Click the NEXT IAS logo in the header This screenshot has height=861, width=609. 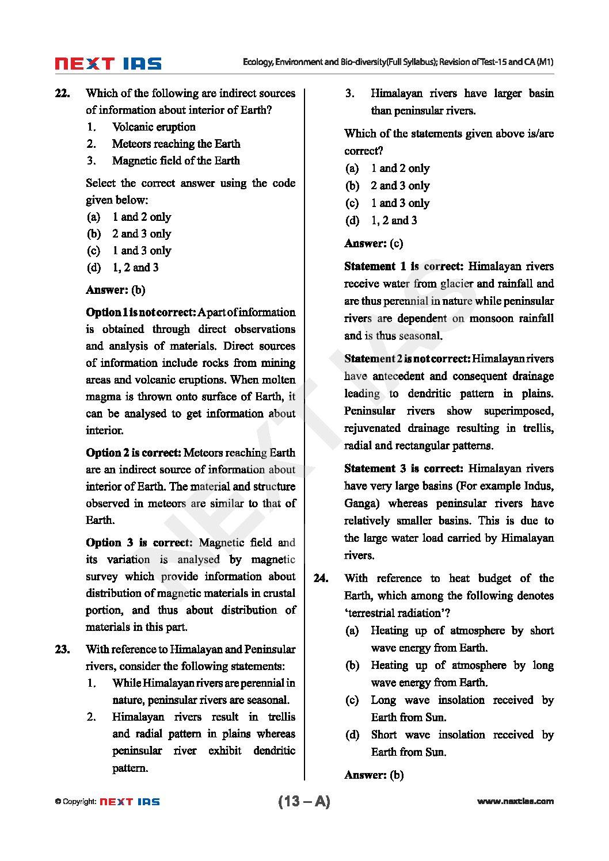[108, 64]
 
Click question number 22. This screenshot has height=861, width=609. [62, 93]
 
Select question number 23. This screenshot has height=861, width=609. [62, 649]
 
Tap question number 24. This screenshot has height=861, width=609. [321, 579]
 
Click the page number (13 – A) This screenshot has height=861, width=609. [304, 801]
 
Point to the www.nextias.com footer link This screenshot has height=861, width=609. [515, 801]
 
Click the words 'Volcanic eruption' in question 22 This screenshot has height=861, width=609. [154, 127]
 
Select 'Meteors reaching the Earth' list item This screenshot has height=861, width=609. [176, 144]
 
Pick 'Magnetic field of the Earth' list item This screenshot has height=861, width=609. [176, 160]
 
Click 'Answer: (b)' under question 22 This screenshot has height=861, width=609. [115, 290]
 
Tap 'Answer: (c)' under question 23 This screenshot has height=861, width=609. [374, 243]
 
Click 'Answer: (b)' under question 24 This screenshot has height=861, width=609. [374, 775]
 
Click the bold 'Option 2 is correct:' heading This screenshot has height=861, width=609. [134, 453]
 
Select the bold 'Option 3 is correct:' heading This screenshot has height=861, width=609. [139, 542]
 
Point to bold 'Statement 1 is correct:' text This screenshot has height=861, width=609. [404, 266]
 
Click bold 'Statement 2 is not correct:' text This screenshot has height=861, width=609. [407, 359]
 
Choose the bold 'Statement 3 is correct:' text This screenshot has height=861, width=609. [404, 469]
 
